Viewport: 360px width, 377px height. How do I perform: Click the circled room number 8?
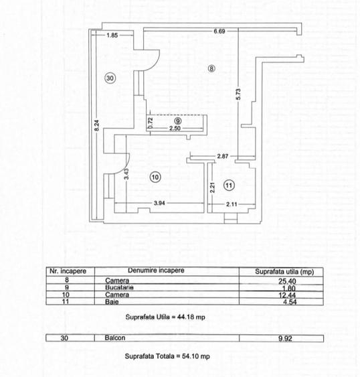click(211, 69)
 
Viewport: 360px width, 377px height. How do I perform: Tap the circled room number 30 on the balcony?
click(110, 78)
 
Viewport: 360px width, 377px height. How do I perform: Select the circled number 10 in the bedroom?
click(155, 177)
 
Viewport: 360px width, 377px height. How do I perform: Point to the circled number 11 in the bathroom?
click(229, 185)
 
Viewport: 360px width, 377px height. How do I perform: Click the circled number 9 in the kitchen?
click(178, 121)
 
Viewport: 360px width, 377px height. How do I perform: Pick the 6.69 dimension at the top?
click(219, 31)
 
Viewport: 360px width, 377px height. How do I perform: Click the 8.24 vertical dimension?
click(96, 125)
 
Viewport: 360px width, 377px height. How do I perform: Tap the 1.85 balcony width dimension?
click(112, 35)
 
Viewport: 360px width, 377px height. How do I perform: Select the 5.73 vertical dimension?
click(238, 94)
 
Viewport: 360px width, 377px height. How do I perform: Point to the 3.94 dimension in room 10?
click(159, 203)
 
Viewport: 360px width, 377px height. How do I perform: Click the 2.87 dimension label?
click(223, 156)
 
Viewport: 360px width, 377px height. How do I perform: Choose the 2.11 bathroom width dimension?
click(232, 204)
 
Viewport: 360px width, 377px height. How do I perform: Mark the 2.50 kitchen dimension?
click(175, 129)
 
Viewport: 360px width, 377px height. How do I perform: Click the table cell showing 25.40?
click(287, 281)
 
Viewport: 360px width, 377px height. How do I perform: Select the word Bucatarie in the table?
click(119, 287)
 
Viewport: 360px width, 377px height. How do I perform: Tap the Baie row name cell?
click(112, 302)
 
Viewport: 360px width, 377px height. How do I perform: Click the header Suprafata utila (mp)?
click(284, 272)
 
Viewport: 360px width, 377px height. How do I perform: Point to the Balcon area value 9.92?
click(285, 339)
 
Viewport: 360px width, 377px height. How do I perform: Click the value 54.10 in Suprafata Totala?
click(191, 356)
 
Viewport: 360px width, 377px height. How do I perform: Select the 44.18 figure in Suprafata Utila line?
click(186, 317)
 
